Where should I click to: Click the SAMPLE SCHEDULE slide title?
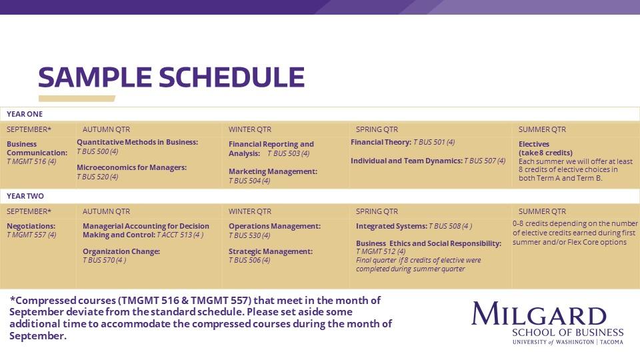coord(171,78)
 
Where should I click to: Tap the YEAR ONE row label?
coord(25,114)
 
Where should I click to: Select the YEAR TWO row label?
coord(25,196)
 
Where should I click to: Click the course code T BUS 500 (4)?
coord(97,151)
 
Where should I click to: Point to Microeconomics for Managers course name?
coord(131,167)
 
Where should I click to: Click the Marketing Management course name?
coord(273,171)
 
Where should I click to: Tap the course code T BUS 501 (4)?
coord(434,142)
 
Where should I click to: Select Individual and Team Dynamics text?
coord(406,161)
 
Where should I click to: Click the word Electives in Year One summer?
coord(534,144)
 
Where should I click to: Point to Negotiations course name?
coord(31,226)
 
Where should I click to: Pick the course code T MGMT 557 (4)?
coord(31,235)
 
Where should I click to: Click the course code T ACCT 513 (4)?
coord(180,235)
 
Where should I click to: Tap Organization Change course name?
coord(121,251)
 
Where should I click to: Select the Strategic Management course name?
coord(271,251)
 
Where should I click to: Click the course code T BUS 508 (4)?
coord(451,226)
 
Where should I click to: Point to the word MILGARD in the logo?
coord(539,314)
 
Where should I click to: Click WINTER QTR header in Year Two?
coord(250,211)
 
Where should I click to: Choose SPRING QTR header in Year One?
coord(377,129)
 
